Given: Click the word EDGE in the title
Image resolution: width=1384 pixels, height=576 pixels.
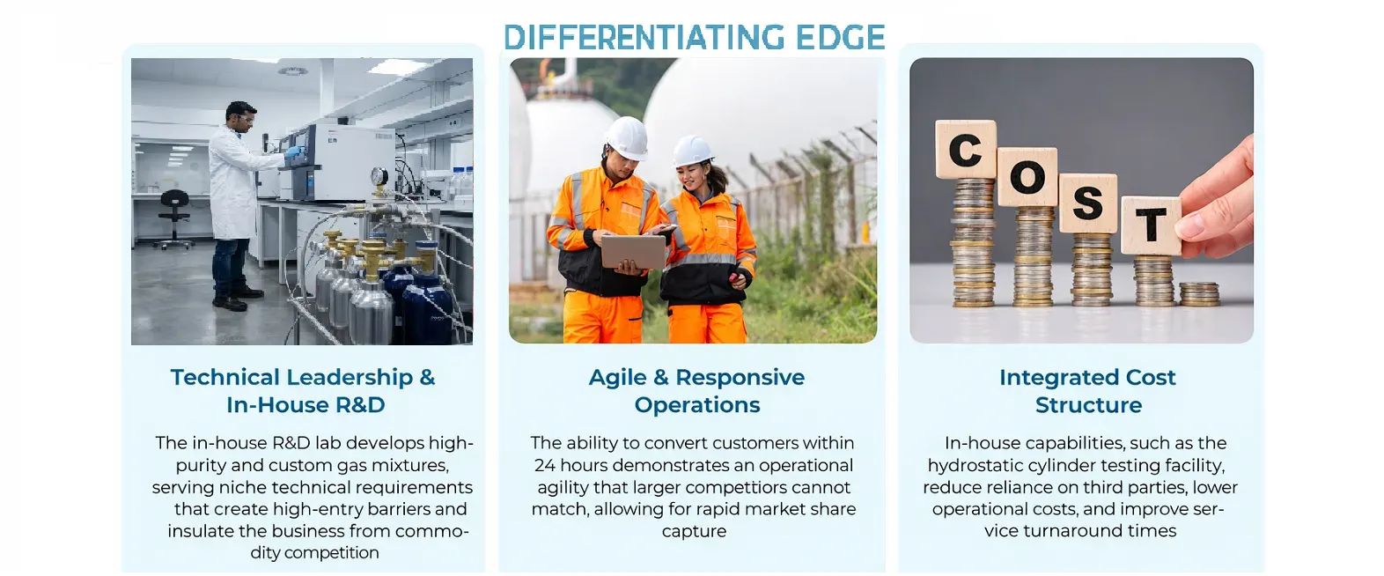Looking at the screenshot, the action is coord(840,37).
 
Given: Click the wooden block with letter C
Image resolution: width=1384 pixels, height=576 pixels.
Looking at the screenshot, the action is coord(966,150).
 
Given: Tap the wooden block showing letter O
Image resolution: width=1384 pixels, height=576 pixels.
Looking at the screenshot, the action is coord(1027,177).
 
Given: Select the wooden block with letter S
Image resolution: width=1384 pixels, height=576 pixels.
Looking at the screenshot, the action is coord(1088,203).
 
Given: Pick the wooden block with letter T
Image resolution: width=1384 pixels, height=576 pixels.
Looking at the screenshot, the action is coord(1151,226).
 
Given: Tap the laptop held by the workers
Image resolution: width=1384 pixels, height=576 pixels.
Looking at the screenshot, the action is coord(633,252).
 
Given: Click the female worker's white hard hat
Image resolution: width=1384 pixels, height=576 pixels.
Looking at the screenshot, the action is coord(693,151).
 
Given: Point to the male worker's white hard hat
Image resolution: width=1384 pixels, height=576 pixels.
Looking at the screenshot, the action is coord(627,137).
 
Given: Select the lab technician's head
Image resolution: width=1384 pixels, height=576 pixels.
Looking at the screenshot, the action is coord(239,117).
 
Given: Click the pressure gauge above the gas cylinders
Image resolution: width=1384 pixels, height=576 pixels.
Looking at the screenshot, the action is coord(379,177).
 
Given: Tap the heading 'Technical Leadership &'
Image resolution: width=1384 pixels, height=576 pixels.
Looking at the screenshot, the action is coord(303,377).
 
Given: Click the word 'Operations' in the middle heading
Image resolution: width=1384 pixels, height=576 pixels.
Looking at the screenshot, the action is coord(697,405).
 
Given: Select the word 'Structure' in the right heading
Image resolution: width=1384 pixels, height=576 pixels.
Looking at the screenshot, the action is coord(1089,405).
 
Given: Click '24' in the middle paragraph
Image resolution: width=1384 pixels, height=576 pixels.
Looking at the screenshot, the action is coord(545,465).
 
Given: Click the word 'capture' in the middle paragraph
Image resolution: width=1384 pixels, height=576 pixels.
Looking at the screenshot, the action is coord(694,531).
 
